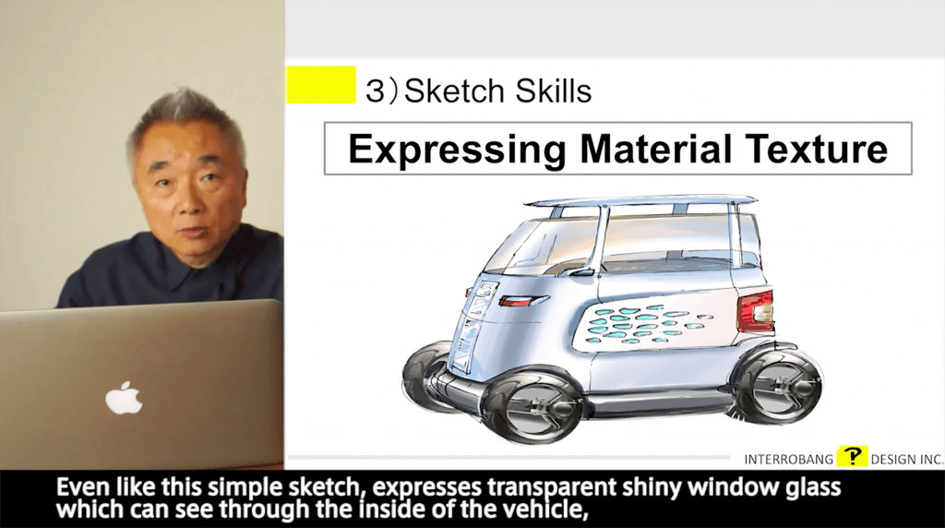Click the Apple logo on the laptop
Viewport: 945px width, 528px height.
point(125,397)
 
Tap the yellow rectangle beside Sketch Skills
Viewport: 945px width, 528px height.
point(321,85)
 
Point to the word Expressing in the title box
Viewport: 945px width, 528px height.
point(457,150)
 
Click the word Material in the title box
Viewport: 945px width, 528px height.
point(656,149)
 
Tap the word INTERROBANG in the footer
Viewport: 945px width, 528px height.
point(788,460)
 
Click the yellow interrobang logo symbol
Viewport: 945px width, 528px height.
point(852,456)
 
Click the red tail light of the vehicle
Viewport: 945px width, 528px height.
point(756,312)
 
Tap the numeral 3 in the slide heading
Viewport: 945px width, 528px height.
point(375,91)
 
